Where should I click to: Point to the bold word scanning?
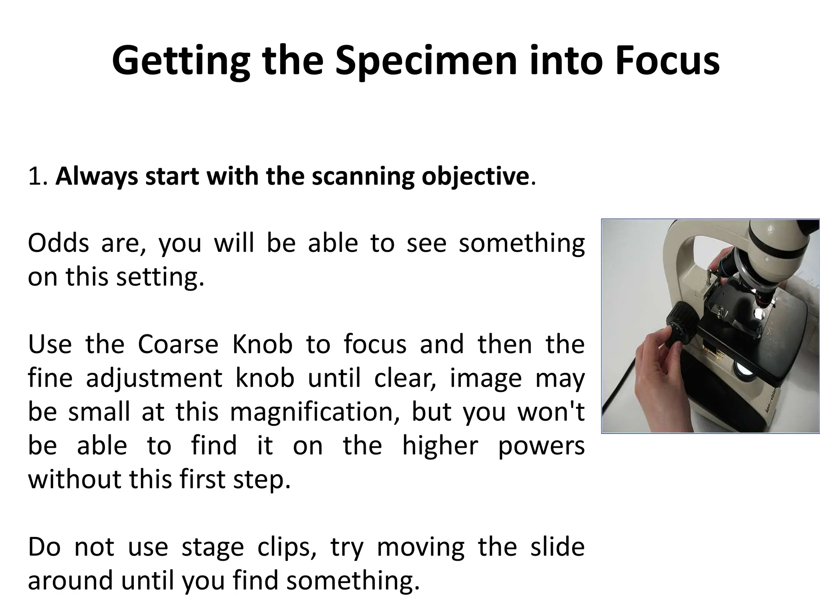coord(363,177)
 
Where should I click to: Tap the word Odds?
coord(58,243)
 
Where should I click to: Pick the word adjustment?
coord(154,378)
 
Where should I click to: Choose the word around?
coord(70,581)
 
